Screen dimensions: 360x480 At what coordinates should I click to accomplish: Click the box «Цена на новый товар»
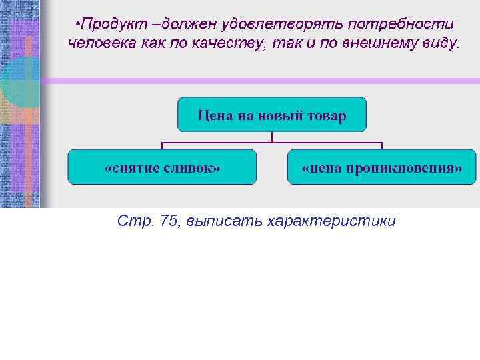click(x=272, y=115)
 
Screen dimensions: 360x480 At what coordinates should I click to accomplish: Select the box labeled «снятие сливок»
click(x=162, y=167)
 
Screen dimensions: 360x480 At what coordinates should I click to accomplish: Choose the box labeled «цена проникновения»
click(x=381, y=167)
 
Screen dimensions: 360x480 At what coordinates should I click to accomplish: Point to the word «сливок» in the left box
click(x=196, y=167)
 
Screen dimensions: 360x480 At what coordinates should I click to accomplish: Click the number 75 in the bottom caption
click(x=169, y=221)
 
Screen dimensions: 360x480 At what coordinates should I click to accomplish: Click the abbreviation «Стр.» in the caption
click(x=135, y=221)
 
